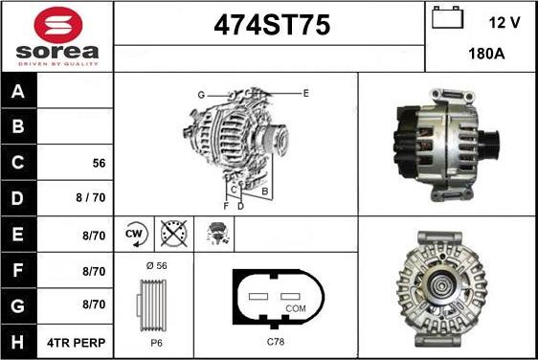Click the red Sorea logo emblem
pyautogui.click(x=58, y=25)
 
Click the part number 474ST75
pyautogui.click(x=272, y=25)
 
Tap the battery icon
pyautogui.click(x=447, y=17)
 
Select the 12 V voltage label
pyautogui.click(x=504, y=23)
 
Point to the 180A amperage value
pyautogui.click(x=486, y=54)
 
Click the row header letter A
pyautogui.click(x=18, y=91)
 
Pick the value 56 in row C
pyautogui.click(x=99, y=163)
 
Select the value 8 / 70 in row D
pyautogui.click(x=91, y=197)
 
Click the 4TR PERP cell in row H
pyautogui.click(x=77, y=343)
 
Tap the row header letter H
pyautogui.click(x=17, y=342)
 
